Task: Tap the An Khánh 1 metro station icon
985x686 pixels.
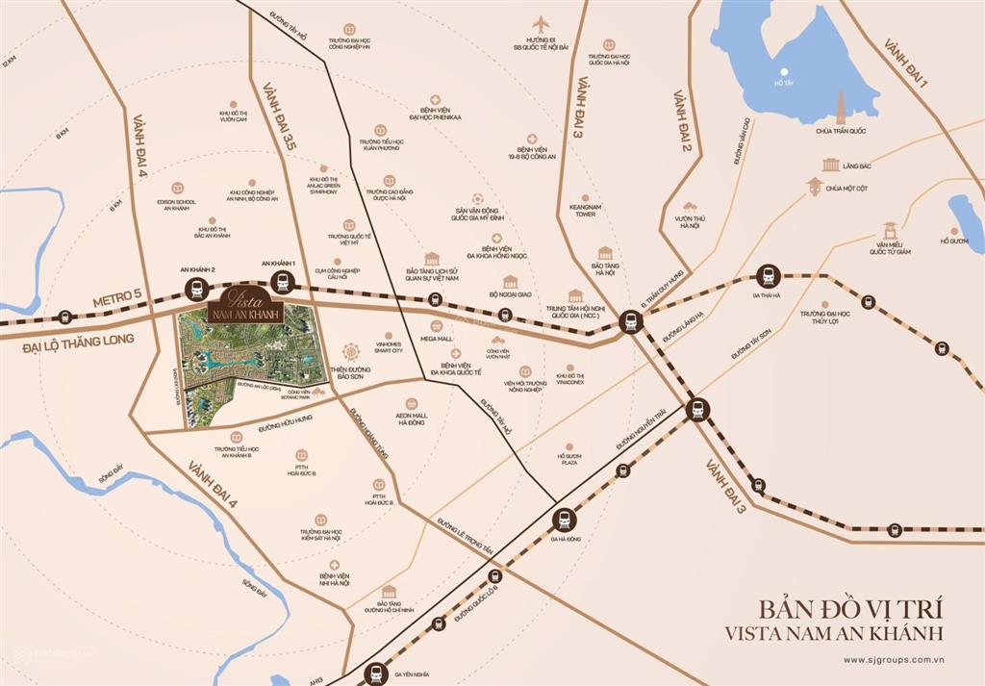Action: [281, 282]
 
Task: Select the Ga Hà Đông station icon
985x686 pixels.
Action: [562, 521]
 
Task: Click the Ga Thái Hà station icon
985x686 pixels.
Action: [767, 277]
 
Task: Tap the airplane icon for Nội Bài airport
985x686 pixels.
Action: [540, 23]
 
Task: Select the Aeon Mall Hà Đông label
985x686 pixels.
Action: [413, 419]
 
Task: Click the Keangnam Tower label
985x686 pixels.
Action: [586, 210]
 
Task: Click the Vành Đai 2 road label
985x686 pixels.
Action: [682, 120]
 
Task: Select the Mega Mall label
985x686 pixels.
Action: [437, 339]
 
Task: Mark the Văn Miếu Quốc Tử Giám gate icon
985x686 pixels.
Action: [891, 231]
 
